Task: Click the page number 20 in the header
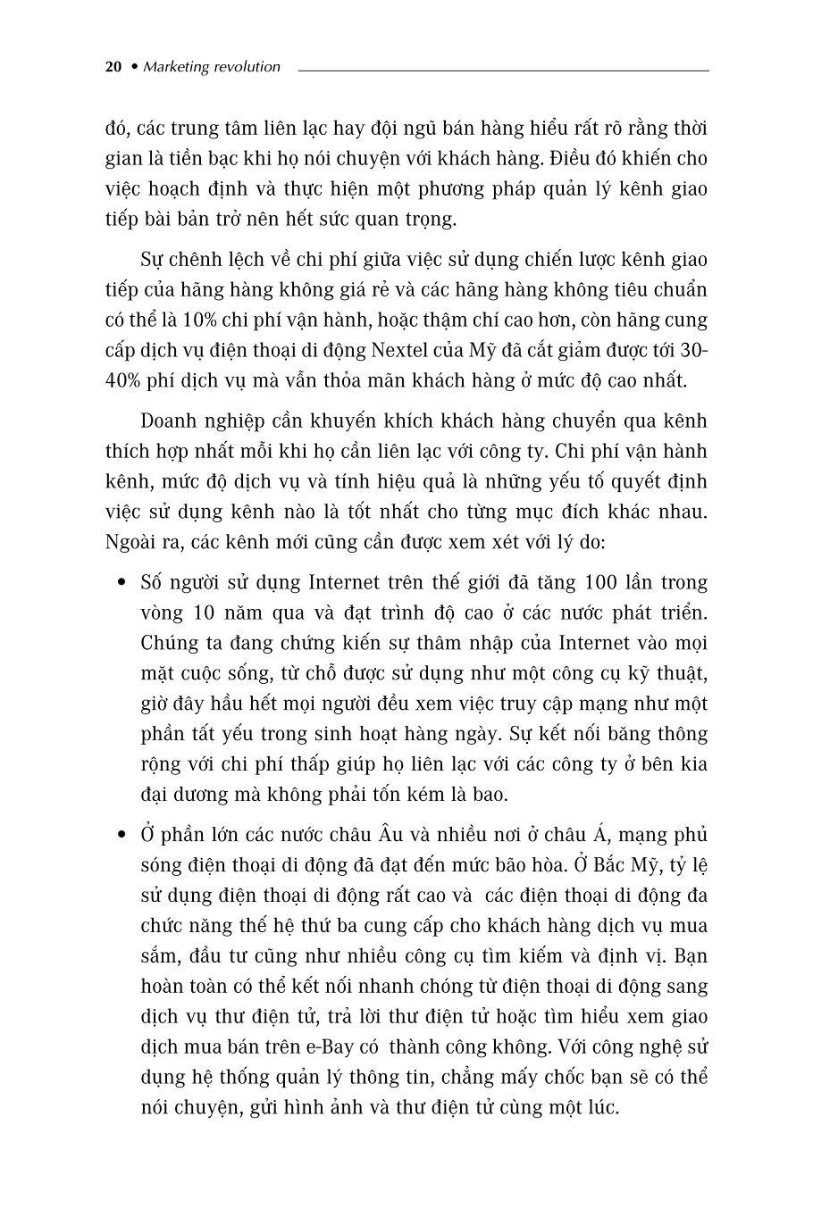point(113,67)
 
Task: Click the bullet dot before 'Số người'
point(122,584)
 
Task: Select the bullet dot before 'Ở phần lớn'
point(122,836)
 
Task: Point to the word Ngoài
point(130,542)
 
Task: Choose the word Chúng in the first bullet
point(170,644)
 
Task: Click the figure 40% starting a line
point(123,381)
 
